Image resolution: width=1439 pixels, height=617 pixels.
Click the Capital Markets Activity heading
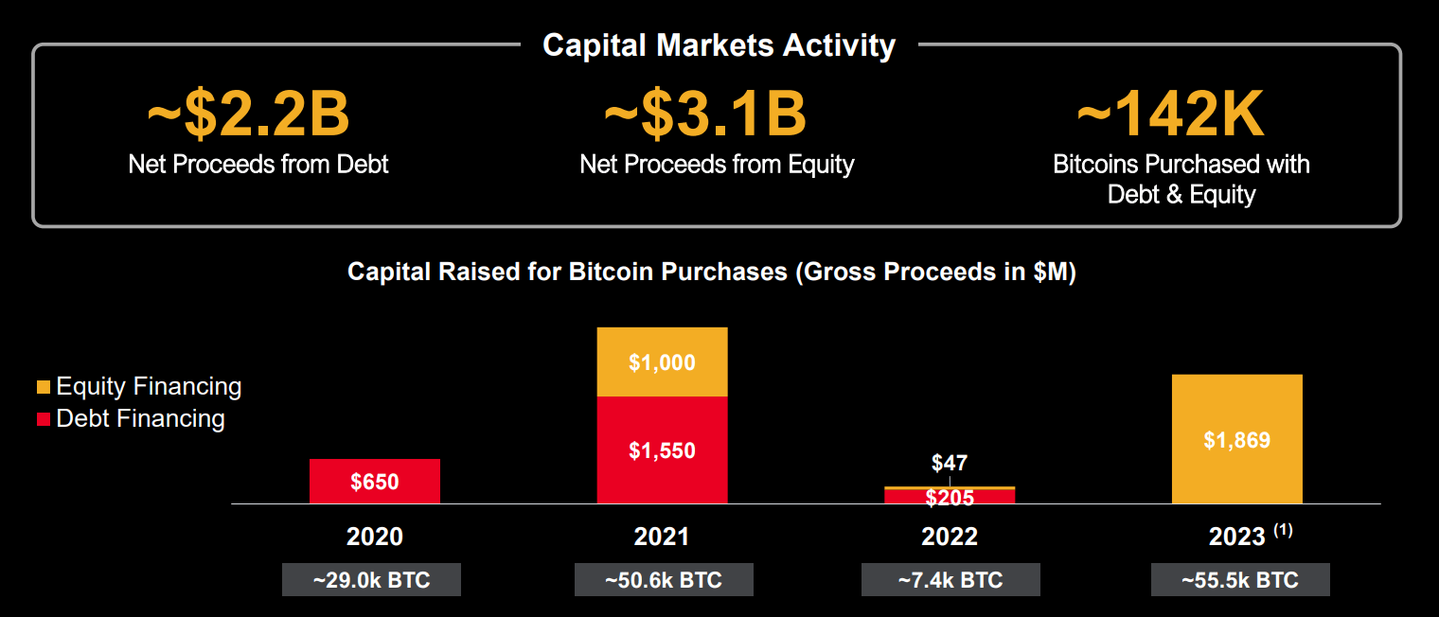pyautogui.click(x=719, y=45)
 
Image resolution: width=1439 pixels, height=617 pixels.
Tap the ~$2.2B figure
pyautogui.click(x=248, y=114)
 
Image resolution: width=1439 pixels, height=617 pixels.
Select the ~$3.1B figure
pyautogui.click(x=705, y=114)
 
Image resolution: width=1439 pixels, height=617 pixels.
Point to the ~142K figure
pyautogui.click(x=1170, y=115)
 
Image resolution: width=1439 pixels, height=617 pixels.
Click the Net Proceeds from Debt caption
pyautogui.click(x=258, y=164)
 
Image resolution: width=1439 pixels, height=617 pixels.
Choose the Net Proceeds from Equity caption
pyautogui.click(x=717, y=165)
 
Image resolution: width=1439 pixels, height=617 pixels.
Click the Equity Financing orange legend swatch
pyautogui.click(x=44, y=387)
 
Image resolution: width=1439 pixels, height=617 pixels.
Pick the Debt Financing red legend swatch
pyautogui.click(x=44, y=419)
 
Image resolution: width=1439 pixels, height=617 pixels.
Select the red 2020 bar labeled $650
pyautogui.click(x=375, y=481)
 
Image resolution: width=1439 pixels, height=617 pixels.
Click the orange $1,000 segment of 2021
pyautogui.click(x=662, y=362)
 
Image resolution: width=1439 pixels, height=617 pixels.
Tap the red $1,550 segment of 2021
pyautogui.click(x=662, y=450)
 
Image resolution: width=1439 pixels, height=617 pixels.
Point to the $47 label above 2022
pyautogui.click(x=950, y=463)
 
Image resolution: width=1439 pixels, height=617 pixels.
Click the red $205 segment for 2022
pyautogui.click(x=950, y=497)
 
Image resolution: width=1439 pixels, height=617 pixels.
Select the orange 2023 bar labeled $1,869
pyautogui.click(x=1236, y=439)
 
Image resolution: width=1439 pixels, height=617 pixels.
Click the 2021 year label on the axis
pyautogui.click(x=662, y=537)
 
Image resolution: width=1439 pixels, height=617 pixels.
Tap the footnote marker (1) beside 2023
pyautogui.click(x=1283, y=531)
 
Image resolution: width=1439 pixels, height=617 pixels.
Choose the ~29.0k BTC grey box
pyautogui.click(x=371, y=580)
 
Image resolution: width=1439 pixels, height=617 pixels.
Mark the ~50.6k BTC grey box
pyautogui.click(x=664, y=580)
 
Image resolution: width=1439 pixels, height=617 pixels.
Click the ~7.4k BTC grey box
pyautogui.click(x=950, y=580)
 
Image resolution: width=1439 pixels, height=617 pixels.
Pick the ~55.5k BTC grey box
pyautogui.click(x=1240, y=580)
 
